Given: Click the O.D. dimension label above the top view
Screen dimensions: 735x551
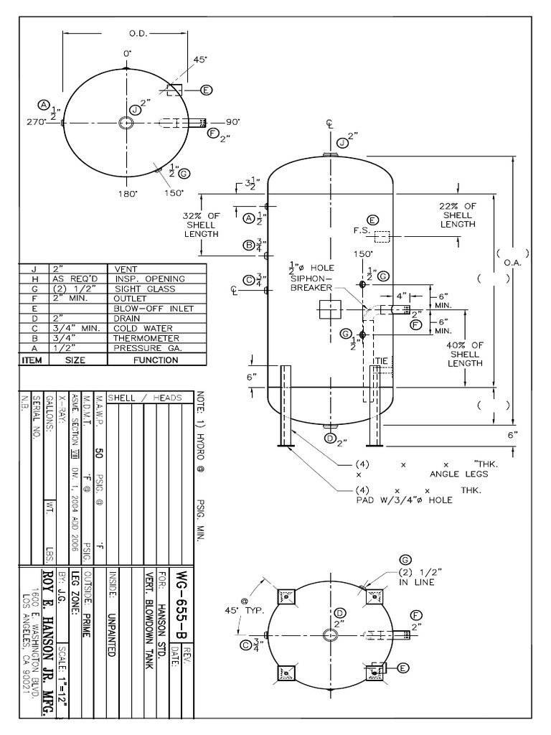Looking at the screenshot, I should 138,33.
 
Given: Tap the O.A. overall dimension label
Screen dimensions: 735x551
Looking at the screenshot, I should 512,262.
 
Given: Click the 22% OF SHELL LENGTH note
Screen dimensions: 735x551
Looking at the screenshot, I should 457,215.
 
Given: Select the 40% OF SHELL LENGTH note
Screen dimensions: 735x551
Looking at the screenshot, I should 464,353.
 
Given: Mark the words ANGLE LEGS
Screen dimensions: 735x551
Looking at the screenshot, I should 458,474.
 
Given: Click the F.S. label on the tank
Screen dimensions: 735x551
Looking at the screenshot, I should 360,230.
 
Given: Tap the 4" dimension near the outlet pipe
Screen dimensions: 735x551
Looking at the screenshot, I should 401,295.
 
